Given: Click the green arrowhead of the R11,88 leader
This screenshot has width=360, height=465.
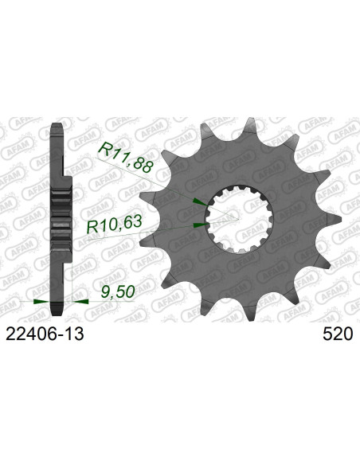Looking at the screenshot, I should tap(199, 201).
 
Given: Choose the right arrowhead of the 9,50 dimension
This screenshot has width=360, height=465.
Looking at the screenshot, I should tap(80, 302).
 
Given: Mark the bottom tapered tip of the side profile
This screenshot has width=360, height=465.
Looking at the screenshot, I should tap(58, 313).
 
